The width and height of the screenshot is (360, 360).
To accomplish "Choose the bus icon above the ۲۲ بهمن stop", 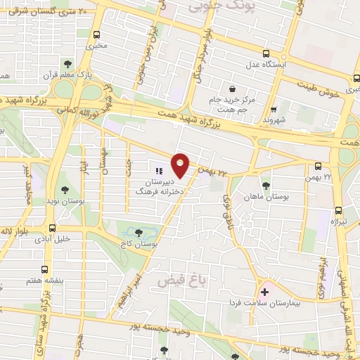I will (x=319, y=166).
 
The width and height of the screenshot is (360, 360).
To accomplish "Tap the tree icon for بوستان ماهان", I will (x=266, y=186).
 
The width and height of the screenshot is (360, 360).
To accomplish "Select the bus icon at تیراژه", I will (x=338, y=210).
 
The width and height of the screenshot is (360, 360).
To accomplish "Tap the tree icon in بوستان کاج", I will (x=138, y=231).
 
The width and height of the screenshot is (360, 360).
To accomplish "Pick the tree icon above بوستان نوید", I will (x=65, y=189).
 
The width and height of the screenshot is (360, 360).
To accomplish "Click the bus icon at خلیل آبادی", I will (x=52, y=228).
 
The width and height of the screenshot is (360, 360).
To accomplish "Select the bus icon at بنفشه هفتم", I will (x=46, y=269).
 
